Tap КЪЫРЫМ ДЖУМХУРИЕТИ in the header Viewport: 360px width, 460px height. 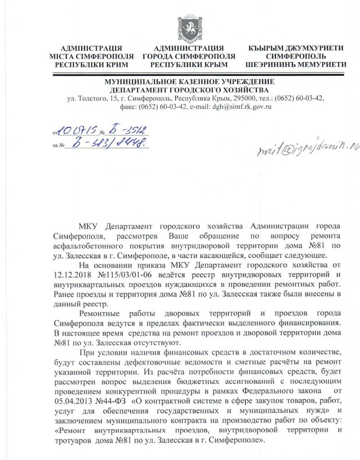[296, 49]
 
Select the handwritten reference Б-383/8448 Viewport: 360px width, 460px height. [110, 144]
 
